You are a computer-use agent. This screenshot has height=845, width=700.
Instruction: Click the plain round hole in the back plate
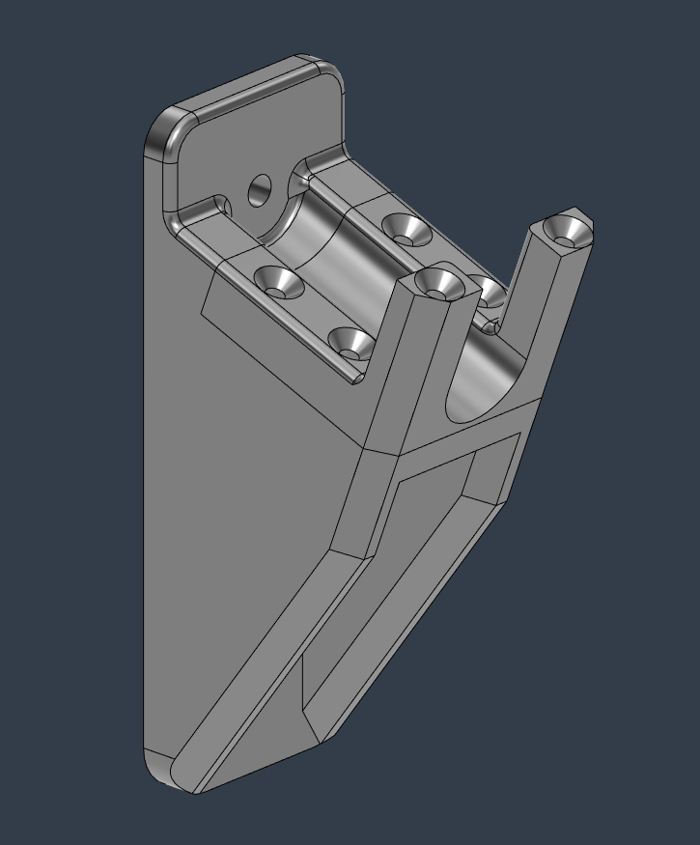(261, 190)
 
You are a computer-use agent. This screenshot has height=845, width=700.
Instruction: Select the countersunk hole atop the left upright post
(436, 283)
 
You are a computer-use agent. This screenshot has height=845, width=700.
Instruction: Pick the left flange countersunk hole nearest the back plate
(279, 283)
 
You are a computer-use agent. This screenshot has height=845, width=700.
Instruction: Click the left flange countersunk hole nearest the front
(351, 342)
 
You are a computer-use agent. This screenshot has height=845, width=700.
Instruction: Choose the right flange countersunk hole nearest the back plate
(406, 229)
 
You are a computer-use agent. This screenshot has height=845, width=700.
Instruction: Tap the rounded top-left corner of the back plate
(164, 130)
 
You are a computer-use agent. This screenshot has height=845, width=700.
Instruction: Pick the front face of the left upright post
(391, 377)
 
